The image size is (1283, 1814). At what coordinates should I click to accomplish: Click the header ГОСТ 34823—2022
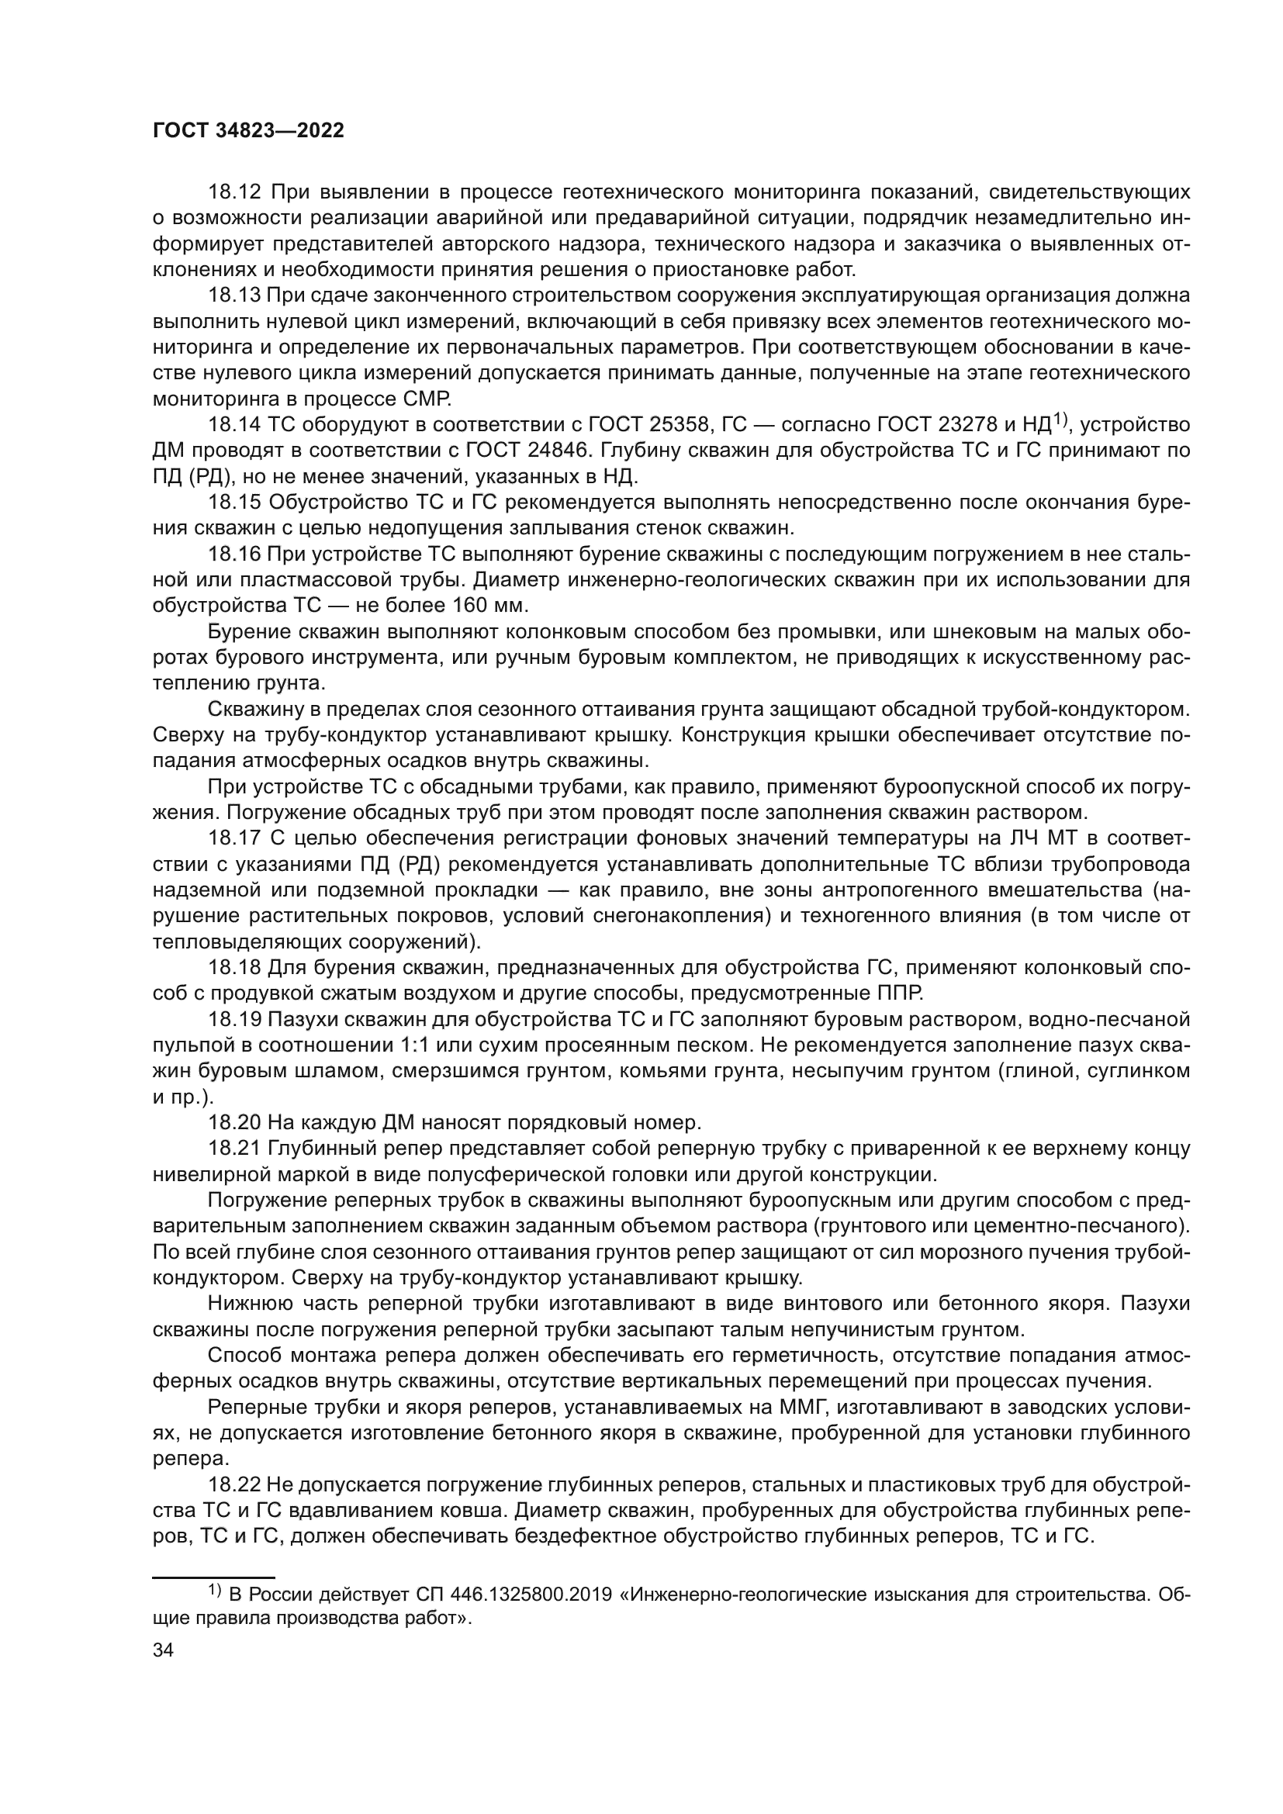tap(248, 131)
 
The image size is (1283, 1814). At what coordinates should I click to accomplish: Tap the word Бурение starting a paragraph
tap(251, 632)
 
